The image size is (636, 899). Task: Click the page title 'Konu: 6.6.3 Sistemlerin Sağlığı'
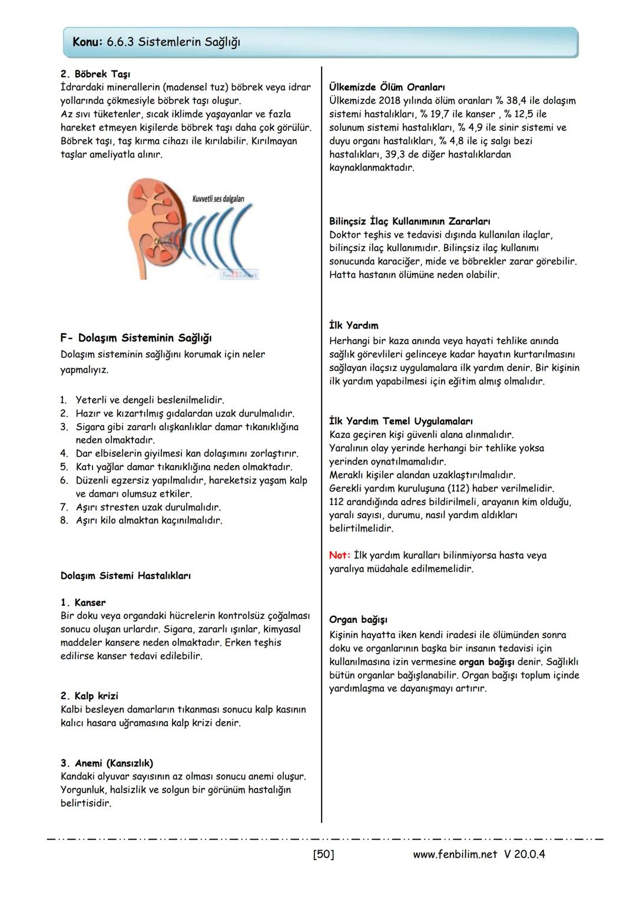[156, 42]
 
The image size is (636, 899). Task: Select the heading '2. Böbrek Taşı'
[95, 74]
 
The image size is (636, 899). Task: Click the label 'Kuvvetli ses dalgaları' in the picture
[218, 199]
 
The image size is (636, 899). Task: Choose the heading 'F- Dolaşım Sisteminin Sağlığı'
[136, 338]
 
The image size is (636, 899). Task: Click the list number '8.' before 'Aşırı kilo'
[65, 520]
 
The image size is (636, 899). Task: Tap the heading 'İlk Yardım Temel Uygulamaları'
[401, 422]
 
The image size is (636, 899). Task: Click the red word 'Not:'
[340, 555]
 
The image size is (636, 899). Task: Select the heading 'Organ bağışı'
[358, 620]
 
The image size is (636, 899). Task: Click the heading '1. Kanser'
[83, 603]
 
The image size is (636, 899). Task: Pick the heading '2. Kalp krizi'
[89, 696]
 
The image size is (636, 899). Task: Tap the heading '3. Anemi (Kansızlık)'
[107, 764]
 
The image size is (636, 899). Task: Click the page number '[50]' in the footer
[323, 854]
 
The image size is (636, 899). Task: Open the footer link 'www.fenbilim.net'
[455, 854]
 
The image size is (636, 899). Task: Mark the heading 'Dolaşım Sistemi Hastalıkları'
[125, 576]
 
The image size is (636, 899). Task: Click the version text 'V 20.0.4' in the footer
[525, 854]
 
